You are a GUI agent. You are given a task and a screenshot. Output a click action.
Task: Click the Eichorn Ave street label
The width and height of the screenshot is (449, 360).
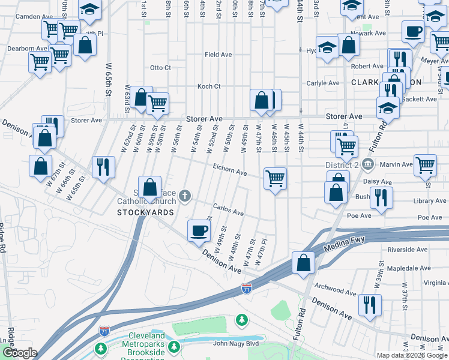[x=230, y=172]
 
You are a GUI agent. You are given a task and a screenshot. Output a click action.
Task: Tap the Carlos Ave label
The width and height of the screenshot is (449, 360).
[x=228, y=212]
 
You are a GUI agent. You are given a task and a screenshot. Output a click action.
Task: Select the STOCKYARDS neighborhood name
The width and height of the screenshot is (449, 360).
[x=145, y=212]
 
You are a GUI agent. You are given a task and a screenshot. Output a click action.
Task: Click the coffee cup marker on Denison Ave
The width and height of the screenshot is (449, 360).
[x=199, y=231]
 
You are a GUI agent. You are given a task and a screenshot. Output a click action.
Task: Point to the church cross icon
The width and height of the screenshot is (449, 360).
[x=185, y=194]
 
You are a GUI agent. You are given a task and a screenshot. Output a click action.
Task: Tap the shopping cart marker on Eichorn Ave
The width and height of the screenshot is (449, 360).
[x=275, y=178]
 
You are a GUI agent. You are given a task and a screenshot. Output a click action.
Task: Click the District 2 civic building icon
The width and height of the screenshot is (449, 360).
[x=367, y=164]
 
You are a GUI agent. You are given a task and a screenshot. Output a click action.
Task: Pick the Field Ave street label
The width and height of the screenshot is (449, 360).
[x=218, y=55]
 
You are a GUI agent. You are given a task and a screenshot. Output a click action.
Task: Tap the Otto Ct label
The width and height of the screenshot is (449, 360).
[x=160, y=68]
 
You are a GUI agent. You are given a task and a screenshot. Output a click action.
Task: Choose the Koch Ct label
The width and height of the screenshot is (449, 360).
[x=209, y=86]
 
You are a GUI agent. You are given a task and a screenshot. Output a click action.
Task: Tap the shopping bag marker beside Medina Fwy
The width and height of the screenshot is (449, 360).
[x=304, y=263]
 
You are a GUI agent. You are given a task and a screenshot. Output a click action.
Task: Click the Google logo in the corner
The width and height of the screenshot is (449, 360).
[x=20, y=353]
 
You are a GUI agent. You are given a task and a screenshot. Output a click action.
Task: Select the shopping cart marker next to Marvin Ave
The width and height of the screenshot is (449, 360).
[x=425, y=164]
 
